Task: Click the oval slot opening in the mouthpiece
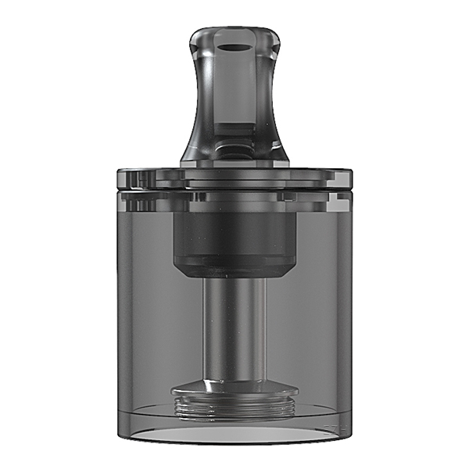click(234, 47)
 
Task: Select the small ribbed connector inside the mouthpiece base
click(234, 149)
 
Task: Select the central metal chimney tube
click(234, 328)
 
